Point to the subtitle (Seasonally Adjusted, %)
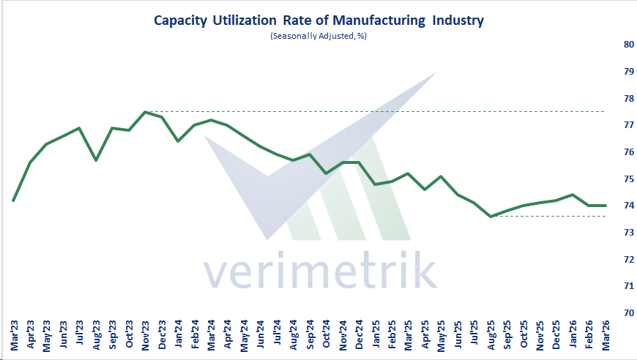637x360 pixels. [318, 36]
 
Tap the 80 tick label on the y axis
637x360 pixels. [608, 45]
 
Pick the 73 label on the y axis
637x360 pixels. [608, 233]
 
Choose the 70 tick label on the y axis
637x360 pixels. [608, 313]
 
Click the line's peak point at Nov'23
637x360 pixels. [145, 112]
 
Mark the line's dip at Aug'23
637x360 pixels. [96, 160]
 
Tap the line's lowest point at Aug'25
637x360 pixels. [491, 217]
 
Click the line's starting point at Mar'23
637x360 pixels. [14, 200]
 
